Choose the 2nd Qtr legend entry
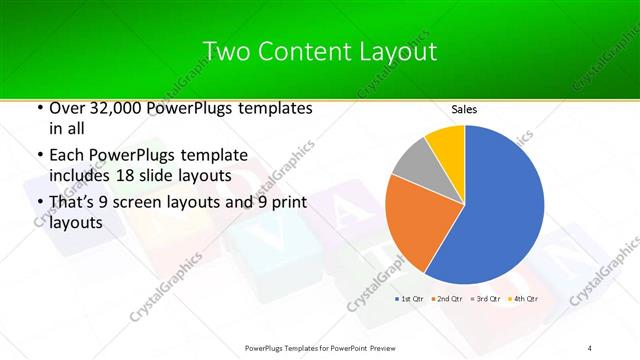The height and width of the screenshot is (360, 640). coord(449,299)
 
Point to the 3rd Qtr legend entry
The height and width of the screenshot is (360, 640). coord(487,299)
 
